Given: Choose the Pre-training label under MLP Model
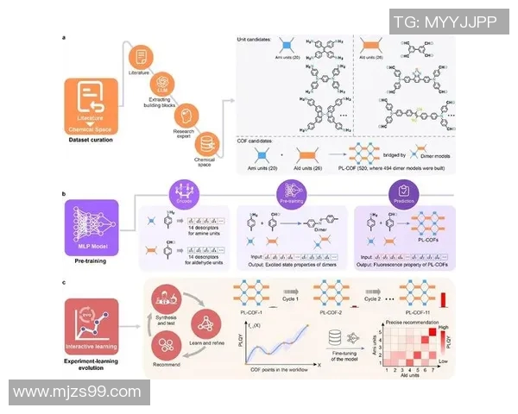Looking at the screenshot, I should coord(91,256).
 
